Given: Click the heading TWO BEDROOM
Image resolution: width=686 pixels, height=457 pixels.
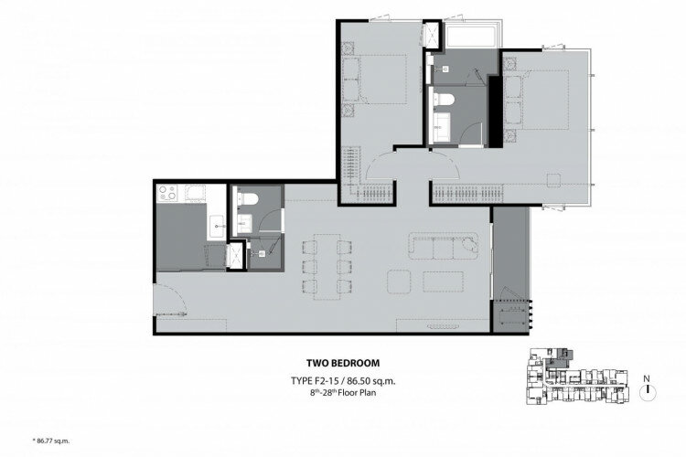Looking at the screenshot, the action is [343, 363].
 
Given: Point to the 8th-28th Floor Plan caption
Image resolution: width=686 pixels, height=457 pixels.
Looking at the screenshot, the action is [343, 393].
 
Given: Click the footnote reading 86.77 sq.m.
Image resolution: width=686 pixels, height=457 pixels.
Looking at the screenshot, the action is [51, 441].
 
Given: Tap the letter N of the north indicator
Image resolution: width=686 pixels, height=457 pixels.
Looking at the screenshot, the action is [647, 378].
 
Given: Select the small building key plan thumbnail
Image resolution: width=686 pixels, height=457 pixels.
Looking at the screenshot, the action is [576, 376].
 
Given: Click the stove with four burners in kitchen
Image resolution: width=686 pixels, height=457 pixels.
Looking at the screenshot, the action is [167, 193].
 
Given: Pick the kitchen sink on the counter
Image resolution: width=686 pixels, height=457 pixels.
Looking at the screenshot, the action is [217, 227].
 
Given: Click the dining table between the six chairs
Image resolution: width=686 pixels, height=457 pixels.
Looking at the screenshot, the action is [327, 267].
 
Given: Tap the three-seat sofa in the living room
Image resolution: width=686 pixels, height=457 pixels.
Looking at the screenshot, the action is [444, 246].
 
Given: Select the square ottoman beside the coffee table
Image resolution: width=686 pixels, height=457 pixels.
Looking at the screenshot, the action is [399, 282].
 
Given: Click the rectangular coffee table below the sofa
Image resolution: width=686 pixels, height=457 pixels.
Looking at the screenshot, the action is [444, 282].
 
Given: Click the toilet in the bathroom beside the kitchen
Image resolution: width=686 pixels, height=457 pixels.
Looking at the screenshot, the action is [247, 198].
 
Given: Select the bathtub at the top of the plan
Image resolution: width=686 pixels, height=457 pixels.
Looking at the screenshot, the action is [471, 36].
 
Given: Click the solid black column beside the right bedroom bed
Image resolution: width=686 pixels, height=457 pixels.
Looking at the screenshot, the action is [495, 112].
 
